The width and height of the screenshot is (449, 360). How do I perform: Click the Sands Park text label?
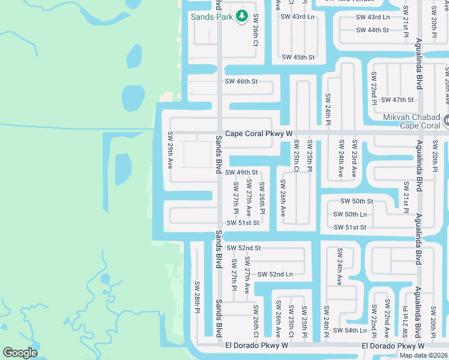coord(211,17)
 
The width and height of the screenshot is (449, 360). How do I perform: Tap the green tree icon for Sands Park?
coord(242,16)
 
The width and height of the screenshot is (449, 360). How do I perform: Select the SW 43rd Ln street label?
coord(298,17)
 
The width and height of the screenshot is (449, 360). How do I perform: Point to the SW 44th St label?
coord(372,30)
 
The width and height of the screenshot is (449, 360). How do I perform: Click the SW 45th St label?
coord(298,58)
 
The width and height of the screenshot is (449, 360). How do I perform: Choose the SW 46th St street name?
coord(241,81)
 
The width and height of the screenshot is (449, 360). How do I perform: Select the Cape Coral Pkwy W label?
coord(258,134)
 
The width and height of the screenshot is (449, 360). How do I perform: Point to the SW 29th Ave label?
coord(170,149)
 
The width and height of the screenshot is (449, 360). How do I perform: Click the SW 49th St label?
coord(241,173)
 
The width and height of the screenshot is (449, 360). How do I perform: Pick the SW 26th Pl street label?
coord(262,197)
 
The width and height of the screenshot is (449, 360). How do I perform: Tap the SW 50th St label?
coord(357,202)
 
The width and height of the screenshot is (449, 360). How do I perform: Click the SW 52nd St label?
coord(244,248)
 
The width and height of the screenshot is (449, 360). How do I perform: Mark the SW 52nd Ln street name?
coord(275,274)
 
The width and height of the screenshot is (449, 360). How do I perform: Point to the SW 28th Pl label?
coord(196,296)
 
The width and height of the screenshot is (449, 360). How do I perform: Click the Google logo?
coord(20,353)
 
